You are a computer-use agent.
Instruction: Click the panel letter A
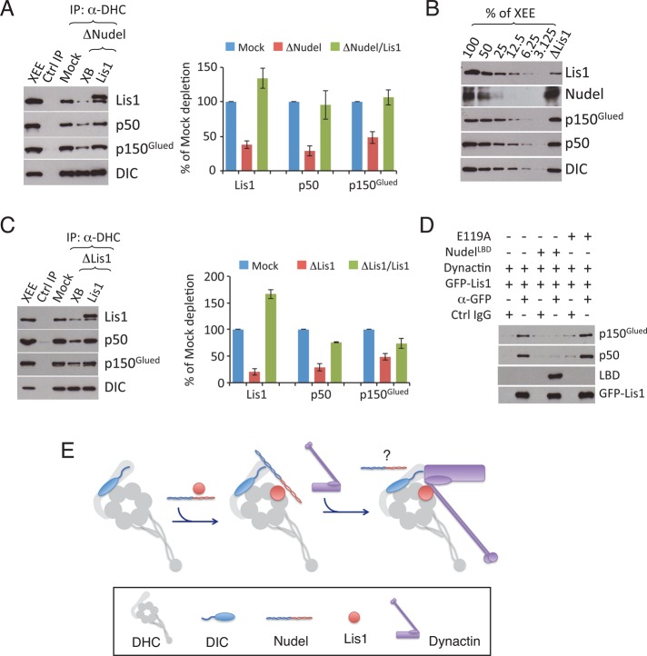click(x=6, y=8)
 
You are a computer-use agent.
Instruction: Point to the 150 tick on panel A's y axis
click(x=207, y=67)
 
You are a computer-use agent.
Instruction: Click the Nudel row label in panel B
click(x=584, y=94)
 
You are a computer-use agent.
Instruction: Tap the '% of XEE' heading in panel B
click(x=510, y=13)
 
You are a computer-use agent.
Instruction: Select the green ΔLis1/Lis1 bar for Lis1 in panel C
click(x=271, y=338)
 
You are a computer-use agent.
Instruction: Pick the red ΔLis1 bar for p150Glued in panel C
click(x=385, y=370)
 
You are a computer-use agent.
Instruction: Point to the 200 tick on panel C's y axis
click(x=215, y=276)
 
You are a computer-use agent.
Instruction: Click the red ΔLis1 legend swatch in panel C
click(x=302, y=264)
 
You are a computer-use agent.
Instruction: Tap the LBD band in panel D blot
click(x=556, y=375)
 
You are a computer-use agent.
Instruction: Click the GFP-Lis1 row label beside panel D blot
click(x=622, y=393)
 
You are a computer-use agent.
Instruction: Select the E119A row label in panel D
click(x=473, y=236)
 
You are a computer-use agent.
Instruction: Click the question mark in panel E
click(x=387, y=455)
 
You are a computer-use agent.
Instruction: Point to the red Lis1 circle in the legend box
click(x=354, y=618)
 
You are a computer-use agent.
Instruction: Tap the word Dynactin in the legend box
click(x=454, y=641)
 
